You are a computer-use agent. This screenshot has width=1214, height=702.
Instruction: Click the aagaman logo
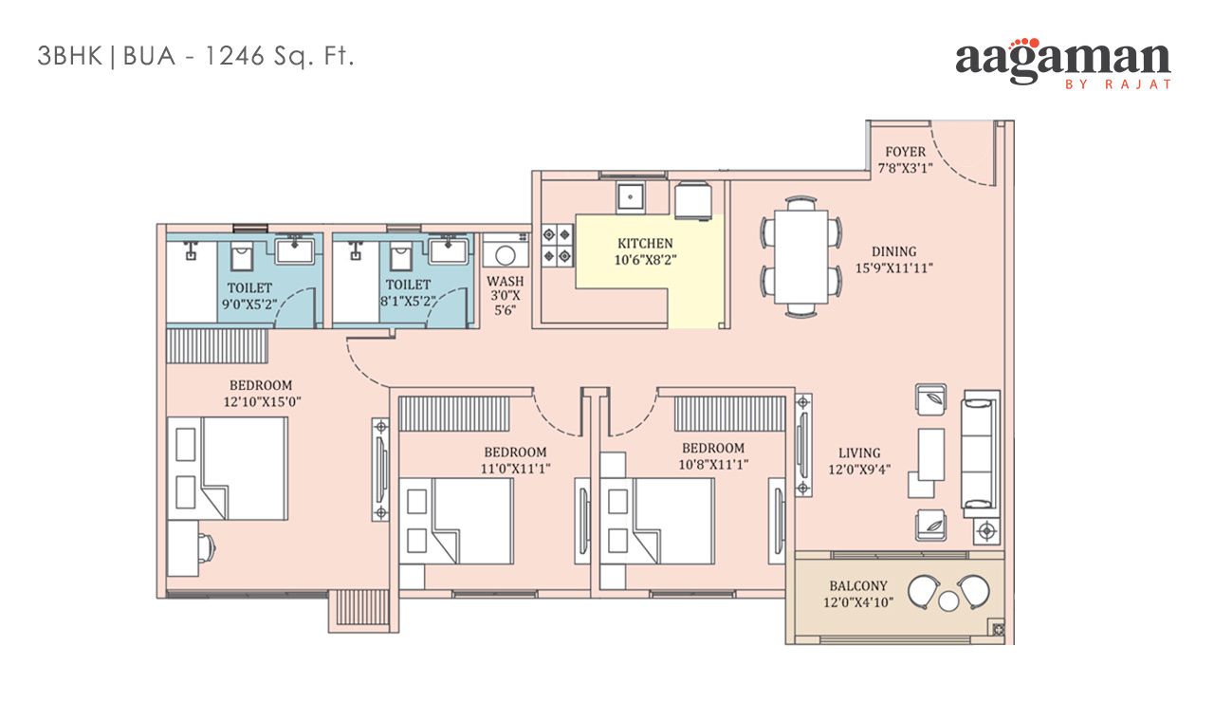point(1063,64)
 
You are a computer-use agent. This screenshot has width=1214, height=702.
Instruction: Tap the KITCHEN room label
point(645,244)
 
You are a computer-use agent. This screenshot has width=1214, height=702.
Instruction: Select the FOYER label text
point(905,152)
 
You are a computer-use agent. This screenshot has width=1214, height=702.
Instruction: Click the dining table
point(801,256)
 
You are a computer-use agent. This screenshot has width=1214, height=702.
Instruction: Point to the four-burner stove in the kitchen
point(557,245)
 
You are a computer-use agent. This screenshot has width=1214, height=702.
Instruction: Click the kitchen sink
point(631,197)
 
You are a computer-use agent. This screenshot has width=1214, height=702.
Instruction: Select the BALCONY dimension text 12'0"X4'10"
point(858,602)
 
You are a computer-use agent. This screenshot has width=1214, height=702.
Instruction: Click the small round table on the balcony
point(948,601)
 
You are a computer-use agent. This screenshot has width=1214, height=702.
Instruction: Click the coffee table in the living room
point(931,454)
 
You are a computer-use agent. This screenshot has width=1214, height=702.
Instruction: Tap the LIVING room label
point(859,453)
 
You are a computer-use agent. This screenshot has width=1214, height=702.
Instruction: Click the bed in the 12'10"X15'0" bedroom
point(227,469)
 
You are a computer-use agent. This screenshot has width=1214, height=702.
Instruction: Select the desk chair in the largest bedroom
point(207,548)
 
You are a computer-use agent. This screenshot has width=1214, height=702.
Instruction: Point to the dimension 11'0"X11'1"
point(515,469)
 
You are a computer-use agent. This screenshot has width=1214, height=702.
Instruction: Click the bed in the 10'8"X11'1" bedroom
point(657,521)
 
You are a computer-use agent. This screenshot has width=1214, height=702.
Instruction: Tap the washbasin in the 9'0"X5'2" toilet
point(294,249)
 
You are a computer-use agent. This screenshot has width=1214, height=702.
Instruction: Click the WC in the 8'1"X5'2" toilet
point(400,256)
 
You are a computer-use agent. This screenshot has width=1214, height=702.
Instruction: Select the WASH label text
point(506,282)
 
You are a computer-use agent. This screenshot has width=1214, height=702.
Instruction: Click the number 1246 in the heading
point(234,56)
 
